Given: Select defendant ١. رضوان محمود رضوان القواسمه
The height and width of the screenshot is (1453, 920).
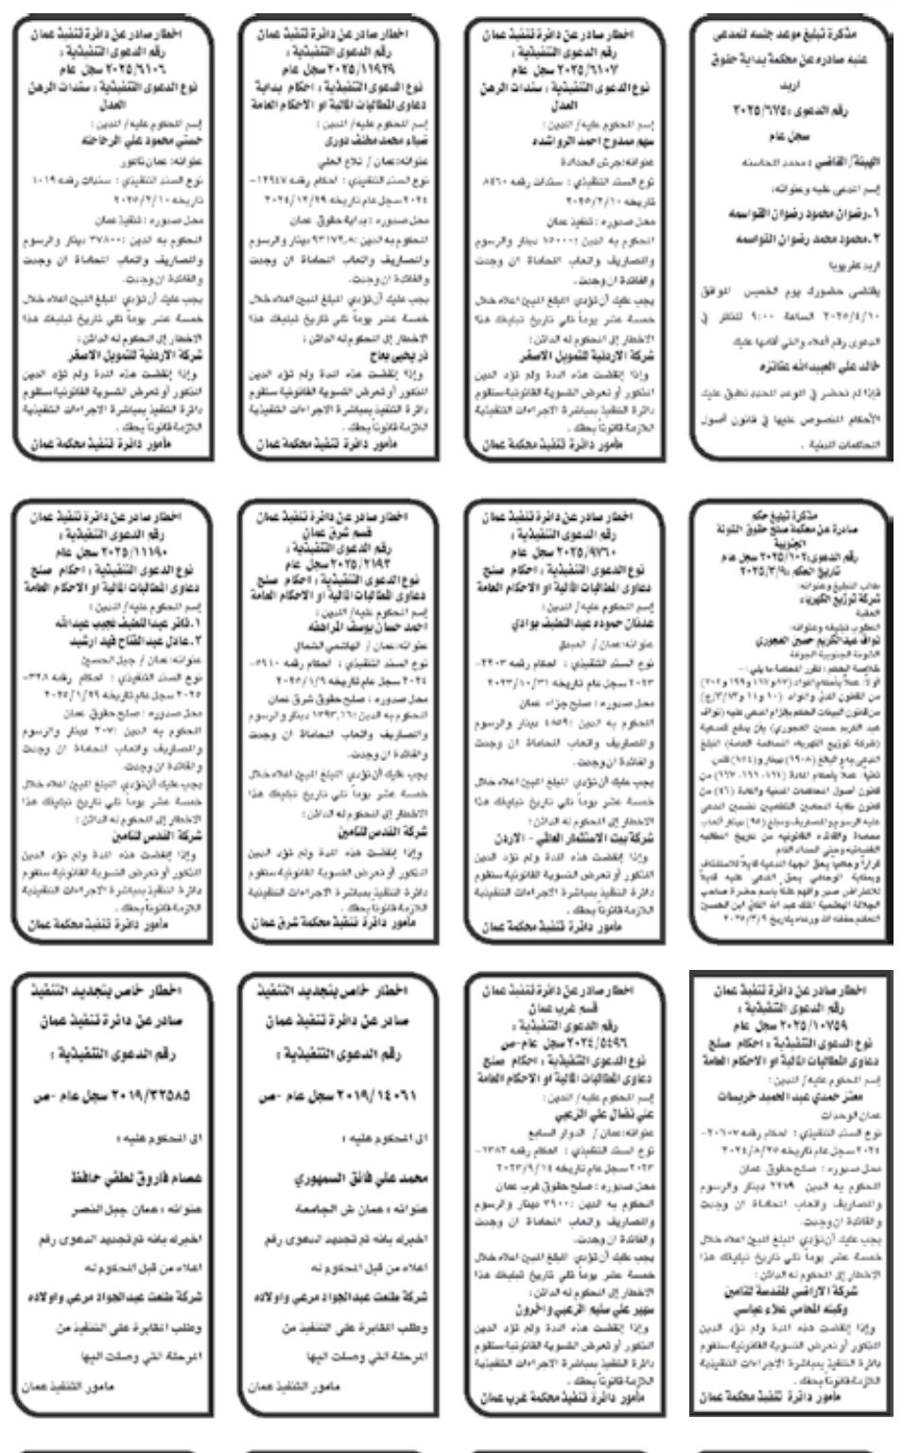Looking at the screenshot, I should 799,215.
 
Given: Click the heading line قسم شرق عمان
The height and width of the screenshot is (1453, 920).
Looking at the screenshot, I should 339,530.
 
